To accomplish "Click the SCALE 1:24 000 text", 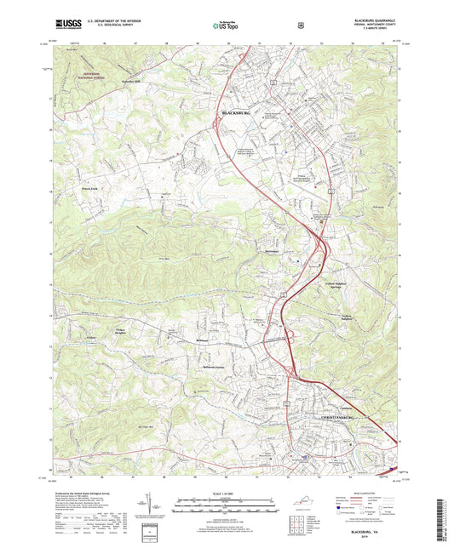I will tap(227, 496).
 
